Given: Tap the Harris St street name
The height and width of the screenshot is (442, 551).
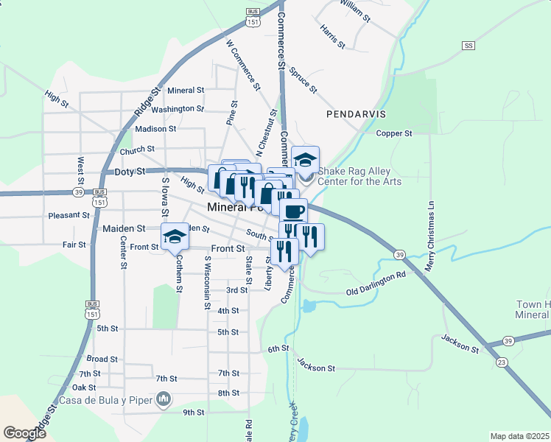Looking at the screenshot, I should click(x=333, y=36).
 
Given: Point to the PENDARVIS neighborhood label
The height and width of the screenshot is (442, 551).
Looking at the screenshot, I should click(x=356, y=114).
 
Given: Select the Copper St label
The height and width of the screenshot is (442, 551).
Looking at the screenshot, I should click(x=394, y=133).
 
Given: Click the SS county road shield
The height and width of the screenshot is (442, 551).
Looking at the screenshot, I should click(x=467, y=46).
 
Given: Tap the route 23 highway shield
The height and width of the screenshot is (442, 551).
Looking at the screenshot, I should click(x=502, y=362).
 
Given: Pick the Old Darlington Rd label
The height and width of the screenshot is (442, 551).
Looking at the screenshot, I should click(x=376, y=283).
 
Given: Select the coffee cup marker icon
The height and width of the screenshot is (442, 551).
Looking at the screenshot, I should click(x=292, y=211).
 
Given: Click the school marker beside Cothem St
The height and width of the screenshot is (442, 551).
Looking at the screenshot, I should click(x=175, y=236).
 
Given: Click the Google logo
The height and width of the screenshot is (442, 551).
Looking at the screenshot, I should click(x=25, y=433).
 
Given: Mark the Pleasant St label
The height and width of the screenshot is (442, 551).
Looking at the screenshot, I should click(x=69, y=216).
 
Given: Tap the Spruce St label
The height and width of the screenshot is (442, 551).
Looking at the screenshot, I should click(x=303, y=80).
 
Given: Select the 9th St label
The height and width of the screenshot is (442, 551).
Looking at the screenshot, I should click(x=194, y=412).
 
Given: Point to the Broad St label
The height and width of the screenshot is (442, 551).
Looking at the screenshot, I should click(x=102, y=359).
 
